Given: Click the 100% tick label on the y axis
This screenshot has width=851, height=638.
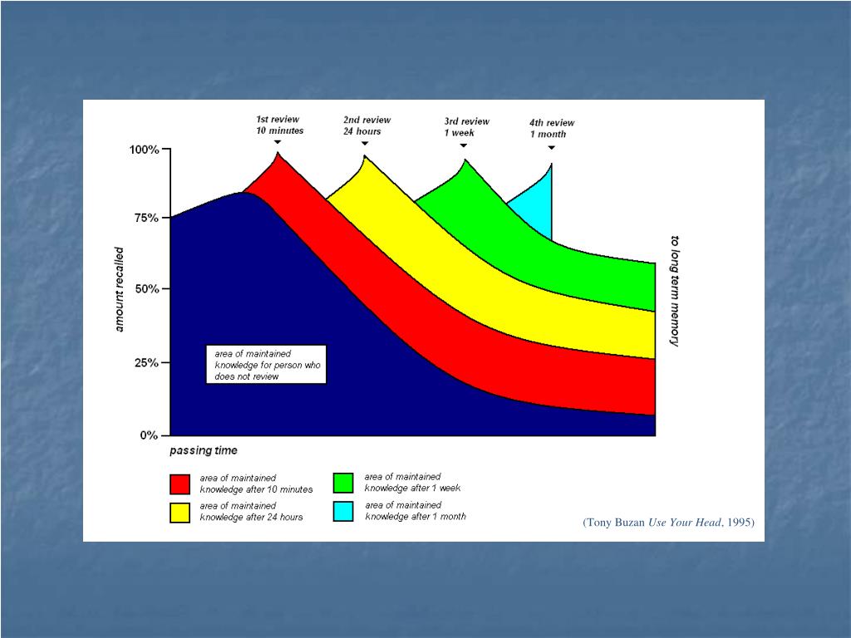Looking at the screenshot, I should (143, 150).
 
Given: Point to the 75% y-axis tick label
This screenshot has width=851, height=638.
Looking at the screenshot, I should (145, 218).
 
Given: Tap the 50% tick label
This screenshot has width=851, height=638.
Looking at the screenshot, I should (145, 289).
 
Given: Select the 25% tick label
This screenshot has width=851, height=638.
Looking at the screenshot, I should (145, 363).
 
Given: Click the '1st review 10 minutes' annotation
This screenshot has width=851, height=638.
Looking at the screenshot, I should (279, 125).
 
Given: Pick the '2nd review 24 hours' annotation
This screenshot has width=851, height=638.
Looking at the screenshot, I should (366, 125).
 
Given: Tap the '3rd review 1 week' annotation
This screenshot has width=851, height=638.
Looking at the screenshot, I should (466, 126).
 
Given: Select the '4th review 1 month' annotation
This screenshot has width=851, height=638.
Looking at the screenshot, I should (552, 128).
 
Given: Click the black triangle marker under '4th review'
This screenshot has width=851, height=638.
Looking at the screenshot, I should (551, 148).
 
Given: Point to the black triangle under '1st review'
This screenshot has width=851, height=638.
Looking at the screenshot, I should (278, 141).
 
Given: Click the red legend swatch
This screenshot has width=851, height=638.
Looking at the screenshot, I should (180, 483).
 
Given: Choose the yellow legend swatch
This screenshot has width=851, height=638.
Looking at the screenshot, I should (180, 512).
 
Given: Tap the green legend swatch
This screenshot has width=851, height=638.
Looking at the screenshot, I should (343, 483).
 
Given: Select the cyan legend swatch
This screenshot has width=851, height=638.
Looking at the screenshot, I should (343, 511).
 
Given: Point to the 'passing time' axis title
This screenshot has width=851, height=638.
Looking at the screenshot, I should (204, 451).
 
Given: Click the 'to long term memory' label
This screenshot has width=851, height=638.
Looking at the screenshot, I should (674, 291).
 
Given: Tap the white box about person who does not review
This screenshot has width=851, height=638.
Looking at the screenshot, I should (266, 365).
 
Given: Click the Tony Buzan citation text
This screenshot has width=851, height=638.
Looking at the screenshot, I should (668, 523).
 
